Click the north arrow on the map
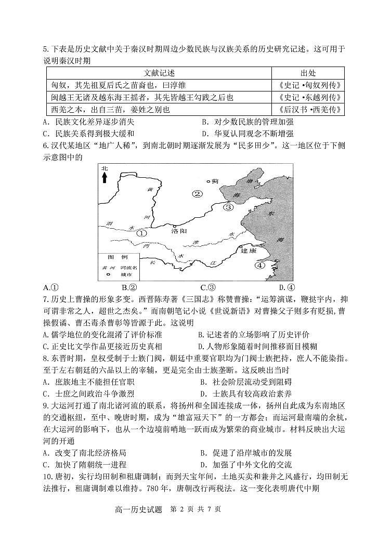[105, 175]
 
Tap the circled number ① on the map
[142, 233]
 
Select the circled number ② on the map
[197, 194]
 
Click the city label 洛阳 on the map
[178, 232]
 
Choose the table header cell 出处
[308, 73]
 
